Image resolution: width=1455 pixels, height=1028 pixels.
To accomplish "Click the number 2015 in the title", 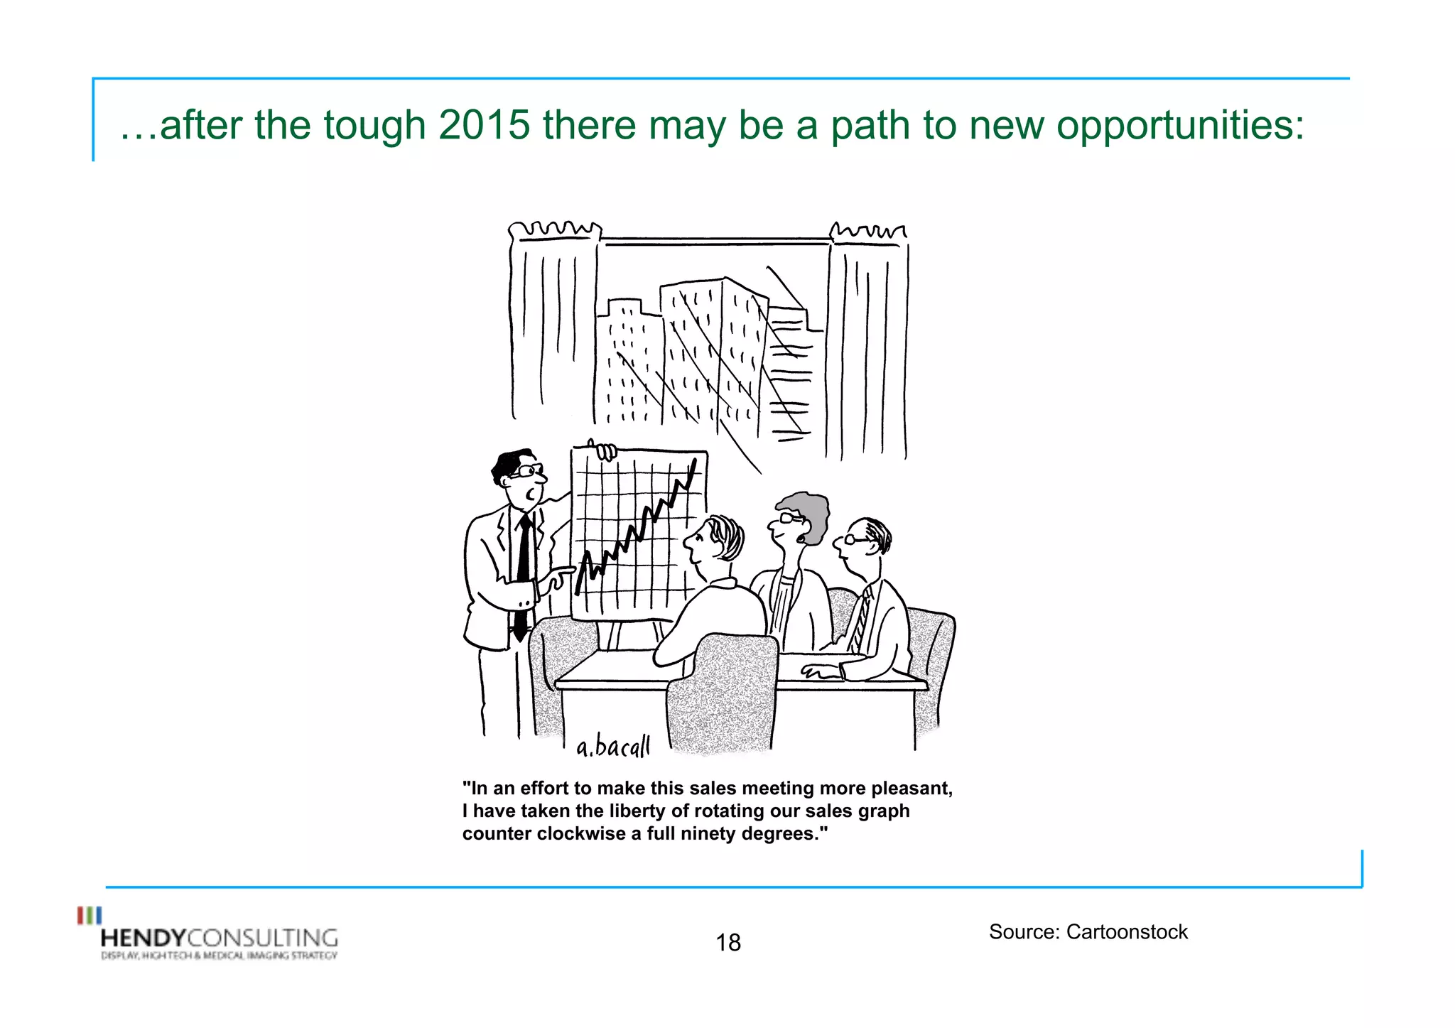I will (484, 125).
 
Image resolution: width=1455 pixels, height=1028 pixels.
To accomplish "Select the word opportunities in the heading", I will (1179, 126).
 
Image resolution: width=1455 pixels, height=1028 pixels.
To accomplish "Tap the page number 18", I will (728, 943).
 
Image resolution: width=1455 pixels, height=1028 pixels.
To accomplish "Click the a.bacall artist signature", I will (612, 747).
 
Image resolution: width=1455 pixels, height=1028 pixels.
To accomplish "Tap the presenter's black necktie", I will (524, 575).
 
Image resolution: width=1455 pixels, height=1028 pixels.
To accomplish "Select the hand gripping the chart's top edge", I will (605, 451).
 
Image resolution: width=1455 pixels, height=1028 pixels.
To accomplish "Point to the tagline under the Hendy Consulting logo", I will (219, 956).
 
